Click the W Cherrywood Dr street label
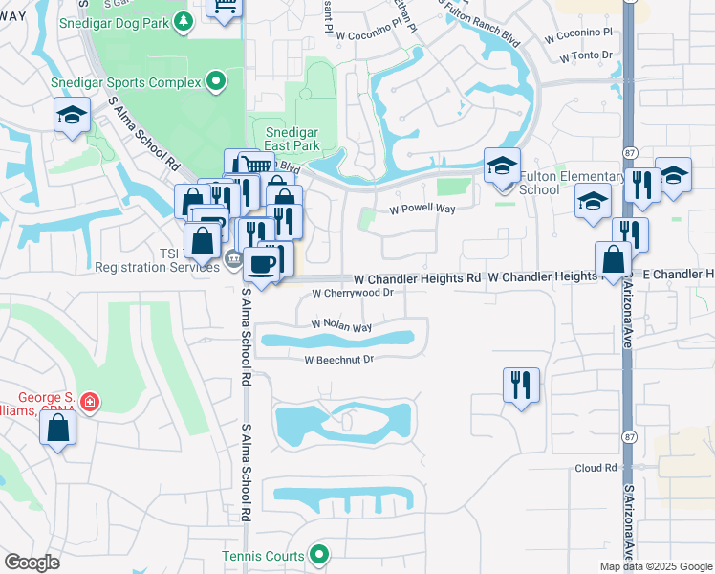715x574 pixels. (353, 294)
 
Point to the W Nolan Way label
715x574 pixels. (341, 326)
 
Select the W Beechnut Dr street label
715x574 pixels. (338, 360)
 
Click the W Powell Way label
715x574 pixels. (422, 208)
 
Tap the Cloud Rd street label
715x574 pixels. (596, 468)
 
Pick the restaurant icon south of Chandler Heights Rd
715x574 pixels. (521, 385)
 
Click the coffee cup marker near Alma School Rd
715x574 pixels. (261, 264)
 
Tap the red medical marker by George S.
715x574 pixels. (89, 403)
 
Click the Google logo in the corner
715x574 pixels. (32, 563)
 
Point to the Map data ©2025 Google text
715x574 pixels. (656, 566)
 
